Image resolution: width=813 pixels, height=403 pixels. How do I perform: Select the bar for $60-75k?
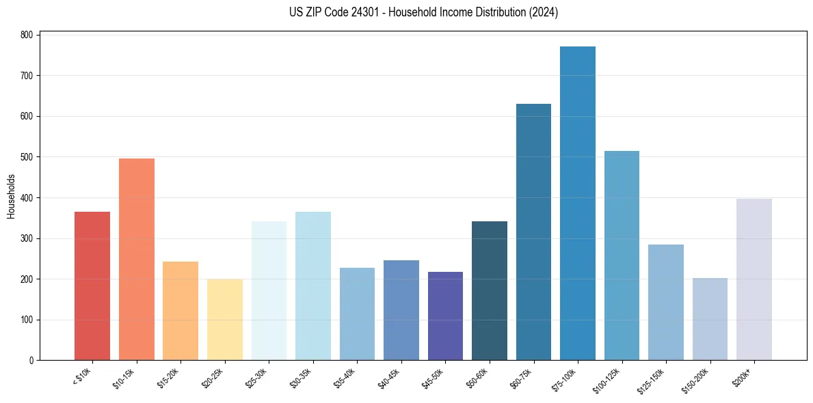click(x=533, y=232)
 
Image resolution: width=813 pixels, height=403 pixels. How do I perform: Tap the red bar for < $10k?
click(x=92, y=286)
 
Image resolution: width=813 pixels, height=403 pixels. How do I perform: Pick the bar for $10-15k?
click(x=137, y=260)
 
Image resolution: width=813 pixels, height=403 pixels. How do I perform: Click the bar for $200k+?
click(x=754, y=280)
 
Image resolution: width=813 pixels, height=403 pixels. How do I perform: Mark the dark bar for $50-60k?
click(x=490, y=291)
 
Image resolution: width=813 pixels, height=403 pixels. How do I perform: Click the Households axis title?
click(x=11, y=197)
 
